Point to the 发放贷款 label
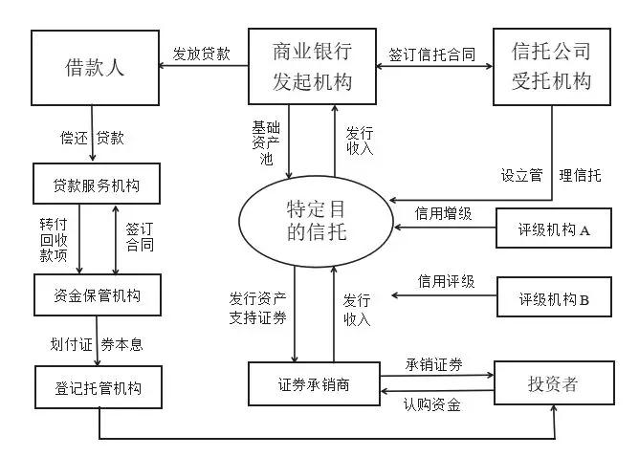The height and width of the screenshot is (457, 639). [x=202, y=54]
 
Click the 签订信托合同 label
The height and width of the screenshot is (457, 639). [x=432, y=54]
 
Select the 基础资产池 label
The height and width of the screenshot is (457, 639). [x=266, y=142]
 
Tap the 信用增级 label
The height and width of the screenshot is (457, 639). [x=444, y=213]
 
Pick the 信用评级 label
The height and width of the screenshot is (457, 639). [x=446, y=281]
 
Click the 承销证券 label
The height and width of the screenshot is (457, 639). [x=434, y=364]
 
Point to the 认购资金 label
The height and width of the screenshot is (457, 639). [x=432, y=404]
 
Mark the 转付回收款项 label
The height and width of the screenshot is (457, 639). [x=54, y=240]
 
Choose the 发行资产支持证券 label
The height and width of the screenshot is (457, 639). [x=257, y=308]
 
